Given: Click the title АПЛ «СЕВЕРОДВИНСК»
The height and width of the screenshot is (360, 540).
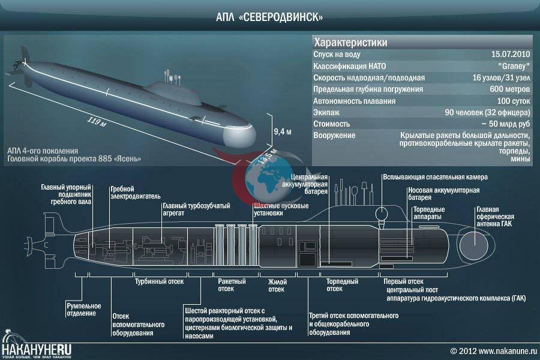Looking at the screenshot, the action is pos(269,17).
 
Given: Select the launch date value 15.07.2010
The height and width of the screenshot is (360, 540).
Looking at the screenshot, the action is pos(511,54).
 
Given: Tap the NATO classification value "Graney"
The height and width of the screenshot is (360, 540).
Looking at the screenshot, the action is pos(514,66).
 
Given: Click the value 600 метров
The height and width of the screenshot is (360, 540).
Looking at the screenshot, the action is pos(509,89).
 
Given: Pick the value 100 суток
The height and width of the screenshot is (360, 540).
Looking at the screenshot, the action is pos(514,101).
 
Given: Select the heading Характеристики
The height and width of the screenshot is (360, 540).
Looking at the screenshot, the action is pos(350,43).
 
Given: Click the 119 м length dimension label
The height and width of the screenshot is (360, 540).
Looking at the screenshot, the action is pos(97,122).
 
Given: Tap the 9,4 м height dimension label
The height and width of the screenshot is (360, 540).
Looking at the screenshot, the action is pos(283,131).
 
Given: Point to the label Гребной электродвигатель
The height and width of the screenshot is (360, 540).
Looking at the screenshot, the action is pos(136,193).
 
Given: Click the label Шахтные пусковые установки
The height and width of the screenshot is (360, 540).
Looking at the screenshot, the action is pos(281,209).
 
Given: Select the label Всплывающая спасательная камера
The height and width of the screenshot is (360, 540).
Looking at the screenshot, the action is pos(436,177).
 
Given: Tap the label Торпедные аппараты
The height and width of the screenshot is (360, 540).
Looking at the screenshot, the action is pos(429,213).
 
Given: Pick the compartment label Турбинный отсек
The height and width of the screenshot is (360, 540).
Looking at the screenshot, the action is pos(159,281).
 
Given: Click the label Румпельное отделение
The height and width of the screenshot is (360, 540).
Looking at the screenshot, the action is pos(83,310).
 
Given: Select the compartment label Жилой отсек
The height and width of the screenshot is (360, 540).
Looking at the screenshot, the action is pos(277,285).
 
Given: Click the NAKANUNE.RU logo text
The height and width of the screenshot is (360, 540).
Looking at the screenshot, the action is pos(36,350).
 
